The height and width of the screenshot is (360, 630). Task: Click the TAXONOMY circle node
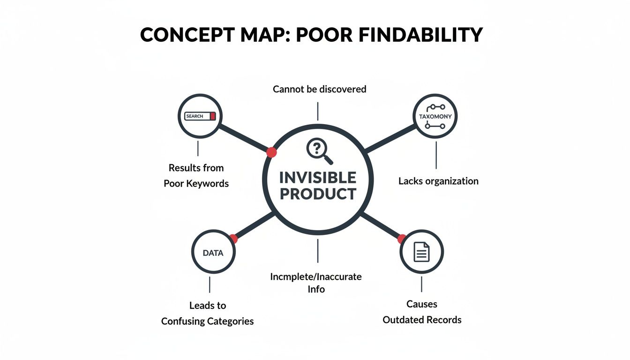click(x=435, y=116)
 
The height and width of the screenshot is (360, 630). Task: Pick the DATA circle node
click(x=213, y=253)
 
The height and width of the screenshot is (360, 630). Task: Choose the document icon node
click(x=421, y=253)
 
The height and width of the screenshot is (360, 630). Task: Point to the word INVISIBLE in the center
click(x=318, y=178)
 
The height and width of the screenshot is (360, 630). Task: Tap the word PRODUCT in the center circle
click(x=318, y=194)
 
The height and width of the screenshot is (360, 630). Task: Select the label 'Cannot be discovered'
click(x=319, y=89)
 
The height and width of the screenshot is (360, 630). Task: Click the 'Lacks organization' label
click(x=438, y=181)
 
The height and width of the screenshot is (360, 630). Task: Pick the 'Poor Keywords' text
click(x=196, y=183)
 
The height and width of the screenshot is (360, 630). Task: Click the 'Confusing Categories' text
click(x=207, y=321)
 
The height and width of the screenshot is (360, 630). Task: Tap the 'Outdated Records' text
click(x=422, y=320)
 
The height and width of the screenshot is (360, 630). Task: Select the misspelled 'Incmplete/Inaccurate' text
click(x=316, y=277)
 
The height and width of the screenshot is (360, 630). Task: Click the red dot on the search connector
click(x=271, y=152)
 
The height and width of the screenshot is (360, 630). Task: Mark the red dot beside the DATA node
click(x=233, y=239)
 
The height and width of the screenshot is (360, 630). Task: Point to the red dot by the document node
click(x=402, y=239)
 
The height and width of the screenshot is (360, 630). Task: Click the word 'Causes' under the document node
click(x=422, y=304)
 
